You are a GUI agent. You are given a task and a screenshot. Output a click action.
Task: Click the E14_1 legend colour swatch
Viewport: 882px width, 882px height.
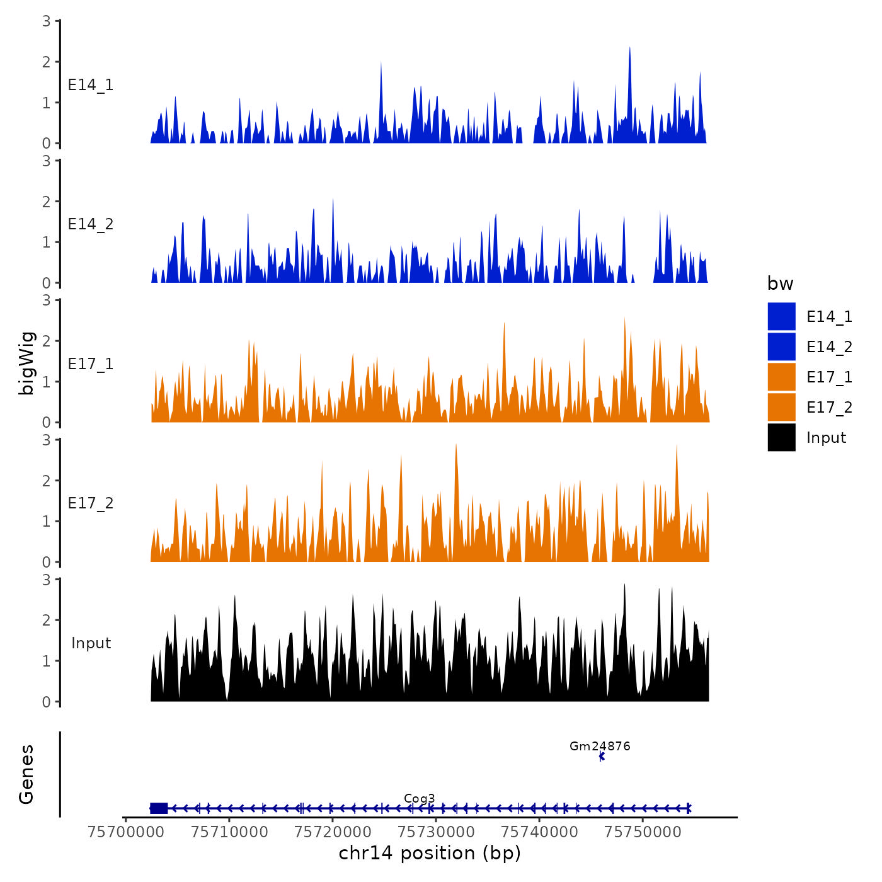pos(781,316)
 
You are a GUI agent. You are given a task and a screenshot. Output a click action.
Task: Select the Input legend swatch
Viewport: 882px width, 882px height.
pos(781,437)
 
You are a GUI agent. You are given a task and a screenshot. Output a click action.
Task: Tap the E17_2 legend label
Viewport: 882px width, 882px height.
pos(829,408)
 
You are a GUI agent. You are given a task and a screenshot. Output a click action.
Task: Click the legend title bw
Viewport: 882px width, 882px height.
pos(780,283)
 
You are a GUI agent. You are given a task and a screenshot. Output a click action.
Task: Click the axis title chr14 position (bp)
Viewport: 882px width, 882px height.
pos(430,853)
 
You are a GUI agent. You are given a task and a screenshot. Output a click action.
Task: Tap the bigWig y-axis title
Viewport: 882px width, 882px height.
pos(26,363)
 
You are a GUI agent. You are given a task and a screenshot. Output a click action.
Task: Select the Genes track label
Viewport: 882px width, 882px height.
pos(26,774)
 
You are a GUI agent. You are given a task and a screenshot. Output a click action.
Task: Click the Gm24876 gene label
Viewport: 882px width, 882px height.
pos(600,746)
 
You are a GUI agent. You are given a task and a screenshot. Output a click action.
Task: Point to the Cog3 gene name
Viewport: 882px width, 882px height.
pos(419,798)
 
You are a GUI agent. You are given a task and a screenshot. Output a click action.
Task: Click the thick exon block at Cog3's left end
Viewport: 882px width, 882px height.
pos(159,808)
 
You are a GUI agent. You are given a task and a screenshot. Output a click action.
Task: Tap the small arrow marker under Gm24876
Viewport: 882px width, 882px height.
pos(602,757)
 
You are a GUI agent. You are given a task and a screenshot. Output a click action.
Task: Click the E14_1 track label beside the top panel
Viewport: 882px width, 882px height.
pos(91,85)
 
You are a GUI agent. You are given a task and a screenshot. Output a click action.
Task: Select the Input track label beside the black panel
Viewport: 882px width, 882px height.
pos(91,643)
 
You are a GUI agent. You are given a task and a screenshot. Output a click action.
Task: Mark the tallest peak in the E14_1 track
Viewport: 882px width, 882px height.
pos(629,49)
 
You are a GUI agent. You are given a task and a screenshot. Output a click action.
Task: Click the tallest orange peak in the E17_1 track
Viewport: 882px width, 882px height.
pos(624,319)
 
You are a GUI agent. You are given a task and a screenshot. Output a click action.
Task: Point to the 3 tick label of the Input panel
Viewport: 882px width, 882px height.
pos(46,580)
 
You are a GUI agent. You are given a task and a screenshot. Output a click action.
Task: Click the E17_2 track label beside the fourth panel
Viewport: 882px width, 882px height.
pos(91,503)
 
